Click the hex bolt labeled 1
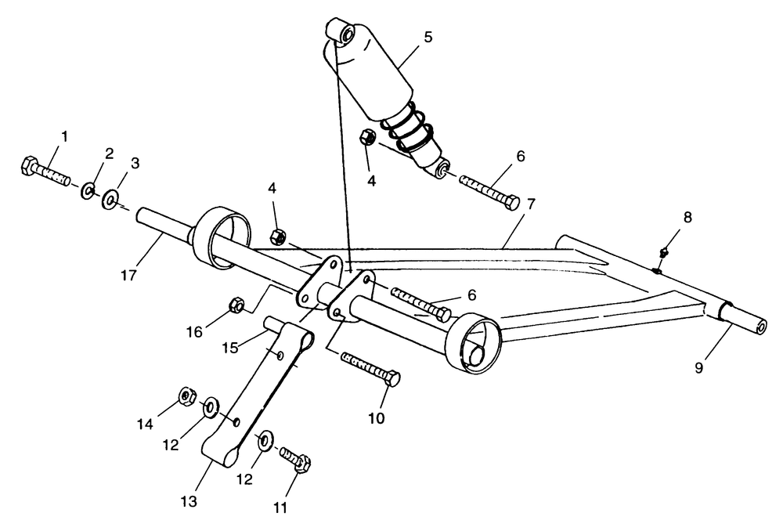45,172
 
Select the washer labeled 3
110,200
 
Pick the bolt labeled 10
370,370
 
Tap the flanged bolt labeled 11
295,460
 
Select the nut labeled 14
187,396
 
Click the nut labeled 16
236,304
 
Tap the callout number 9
699,367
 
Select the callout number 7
530,204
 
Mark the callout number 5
428,37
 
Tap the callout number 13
189,501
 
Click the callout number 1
64,135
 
